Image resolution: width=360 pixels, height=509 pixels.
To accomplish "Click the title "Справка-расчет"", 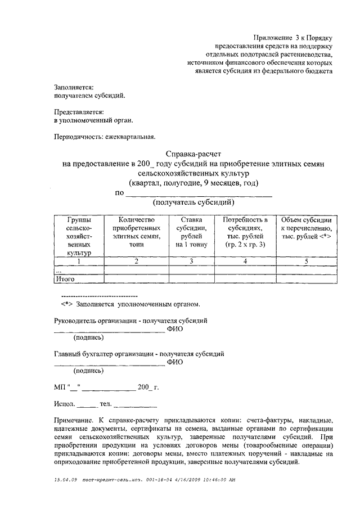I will (194, 154).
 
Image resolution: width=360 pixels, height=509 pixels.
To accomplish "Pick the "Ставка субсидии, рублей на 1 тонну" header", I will (191, 232).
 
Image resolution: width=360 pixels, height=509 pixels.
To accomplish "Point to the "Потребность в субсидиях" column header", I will (245, 232).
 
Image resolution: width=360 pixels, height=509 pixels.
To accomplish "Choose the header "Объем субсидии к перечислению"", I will (305, 228).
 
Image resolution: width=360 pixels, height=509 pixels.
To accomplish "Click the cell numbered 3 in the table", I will (191, 261).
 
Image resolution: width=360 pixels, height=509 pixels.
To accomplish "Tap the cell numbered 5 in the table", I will (305, 261).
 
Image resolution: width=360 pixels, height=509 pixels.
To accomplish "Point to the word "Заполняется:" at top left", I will (74, 87).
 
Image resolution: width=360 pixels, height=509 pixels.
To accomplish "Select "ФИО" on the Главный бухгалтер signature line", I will (175, 362).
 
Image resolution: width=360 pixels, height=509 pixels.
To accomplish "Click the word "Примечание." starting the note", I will (75, 420).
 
